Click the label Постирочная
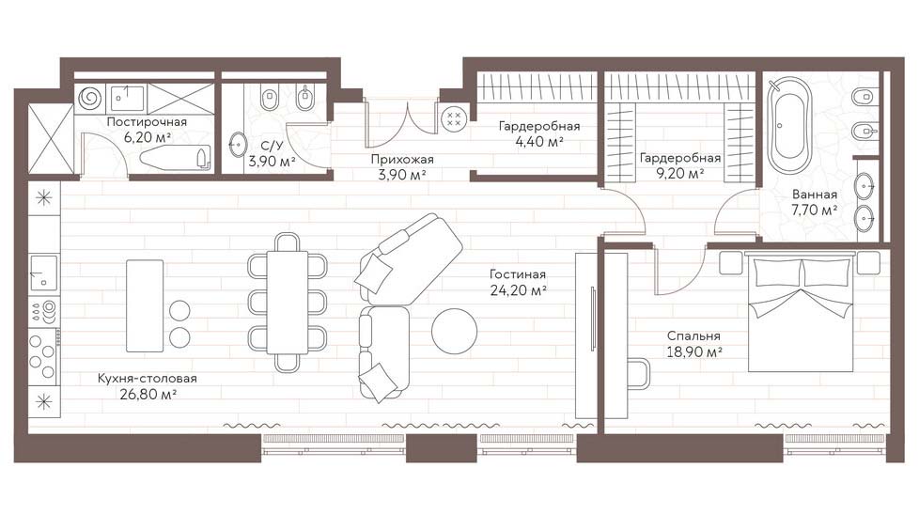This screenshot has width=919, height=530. (x=147, y=122)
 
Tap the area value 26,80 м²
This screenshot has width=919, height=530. (x=148, y=394)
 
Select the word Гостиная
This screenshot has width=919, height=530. (x=518, y=274)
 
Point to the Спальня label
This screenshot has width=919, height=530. (x=693, y=336)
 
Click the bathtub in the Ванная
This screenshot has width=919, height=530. (x=790, y=125)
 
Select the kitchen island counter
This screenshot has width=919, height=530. (x=145, y=306)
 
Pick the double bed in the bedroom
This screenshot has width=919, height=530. (x=801, y=311)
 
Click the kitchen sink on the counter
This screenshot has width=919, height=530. (x=44, y=273)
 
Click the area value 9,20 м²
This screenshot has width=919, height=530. (x=680, y=174)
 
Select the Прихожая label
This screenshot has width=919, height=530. (x=402, y=160)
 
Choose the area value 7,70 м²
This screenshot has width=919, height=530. (x=814, y=210)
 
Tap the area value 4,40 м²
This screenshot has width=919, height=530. (x=539, y=141)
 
